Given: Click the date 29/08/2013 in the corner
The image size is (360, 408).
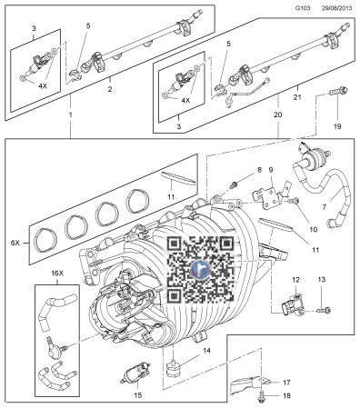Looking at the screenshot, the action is [336, 8].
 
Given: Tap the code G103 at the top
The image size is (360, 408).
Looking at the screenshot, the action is [303, 8].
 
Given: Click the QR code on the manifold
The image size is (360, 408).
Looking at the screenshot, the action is [201, 270].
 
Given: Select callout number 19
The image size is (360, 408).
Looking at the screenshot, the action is [337, 126].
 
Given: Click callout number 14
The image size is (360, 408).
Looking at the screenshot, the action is [206, 351].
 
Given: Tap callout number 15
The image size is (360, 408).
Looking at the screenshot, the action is [138, 395].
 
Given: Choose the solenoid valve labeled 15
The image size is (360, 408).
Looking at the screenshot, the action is [136, 372].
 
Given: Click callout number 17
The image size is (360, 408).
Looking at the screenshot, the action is [286, 383].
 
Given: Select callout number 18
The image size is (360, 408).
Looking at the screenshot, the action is [286, 395].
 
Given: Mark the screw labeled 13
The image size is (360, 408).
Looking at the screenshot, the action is [325, 310].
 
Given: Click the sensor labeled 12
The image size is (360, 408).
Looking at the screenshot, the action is [294, 306].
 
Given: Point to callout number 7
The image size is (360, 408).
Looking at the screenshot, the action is [325, 207].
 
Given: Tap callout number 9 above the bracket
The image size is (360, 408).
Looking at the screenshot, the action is [271, 169].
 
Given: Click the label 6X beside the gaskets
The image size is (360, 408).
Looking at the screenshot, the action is [15, 243].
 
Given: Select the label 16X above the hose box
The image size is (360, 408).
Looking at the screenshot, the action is [57, 274].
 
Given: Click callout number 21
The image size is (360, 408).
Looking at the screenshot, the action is [297, 97].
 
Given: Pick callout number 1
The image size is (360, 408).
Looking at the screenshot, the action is [71, 115].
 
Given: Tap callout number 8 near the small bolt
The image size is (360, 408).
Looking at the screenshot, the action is [259, 170].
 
